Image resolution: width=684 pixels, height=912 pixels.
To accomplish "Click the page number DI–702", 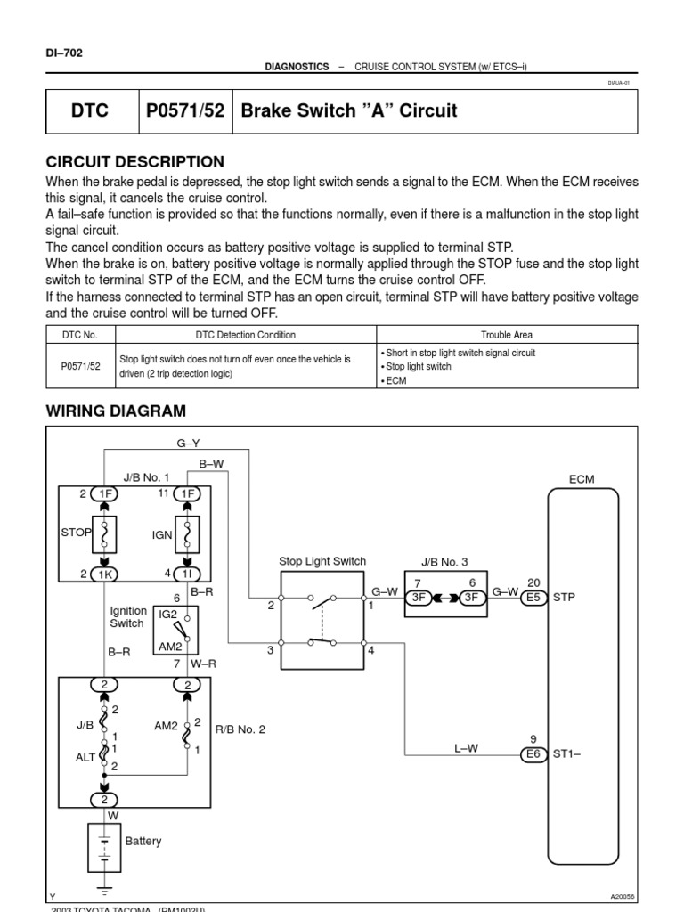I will pyautogui.click(x=63, y=53).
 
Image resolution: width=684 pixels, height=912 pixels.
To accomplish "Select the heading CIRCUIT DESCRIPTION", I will pyautogui.click(x=134, y=162).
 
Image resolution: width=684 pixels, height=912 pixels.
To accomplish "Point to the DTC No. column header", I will pyautogui.click(x=79, y=335).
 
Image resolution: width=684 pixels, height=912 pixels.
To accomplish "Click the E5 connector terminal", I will pyautogui.click(x=533, y=598).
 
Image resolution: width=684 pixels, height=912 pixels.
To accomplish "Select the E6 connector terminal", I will pyautogui.click(x=533, y=754).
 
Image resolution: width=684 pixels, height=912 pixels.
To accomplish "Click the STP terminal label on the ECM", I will pyautogui.click(x=565, y=598).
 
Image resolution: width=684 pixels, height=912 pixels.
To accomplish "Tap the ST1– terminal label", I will pyautogui.click(x=567, y=754).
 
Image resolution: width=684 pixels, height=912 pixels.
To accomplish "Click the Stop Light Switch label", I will pyautogui.click(x=322, y=562).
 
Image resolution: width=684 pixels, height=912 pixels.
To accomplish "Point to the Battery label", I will pyautogui.click(x=143, y=841).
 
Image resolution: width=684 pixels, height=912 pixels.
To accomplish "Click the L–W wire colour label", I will pyautogui.click(x=466, y=748).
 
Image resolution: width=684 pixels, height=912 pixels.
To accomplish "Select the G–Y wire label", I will pyautogui.click(x=189, y=444).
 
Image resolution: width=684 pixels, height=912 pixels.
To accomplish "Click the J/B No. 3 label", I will pyautogui.click(x=443, y=562).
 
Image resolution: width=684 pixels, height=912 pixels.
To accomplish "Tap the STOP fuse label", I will pyautogui.click(x=76, y=533).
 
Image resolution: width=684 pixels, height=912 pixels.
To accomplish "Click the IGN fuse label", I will pyautogui.click(x=163, y=536).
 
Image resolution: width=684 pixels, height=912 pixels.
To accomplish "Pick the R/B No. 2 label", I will pyautogui.click(x=240, y=729).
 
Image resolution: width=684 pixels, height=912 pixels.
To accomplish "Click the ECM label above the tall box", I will pyautogui.click(x=581, y=479).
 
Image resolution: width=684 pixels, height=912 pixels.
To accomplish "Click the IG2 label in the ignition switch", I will pyautogui.click(x=169, y=615).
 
